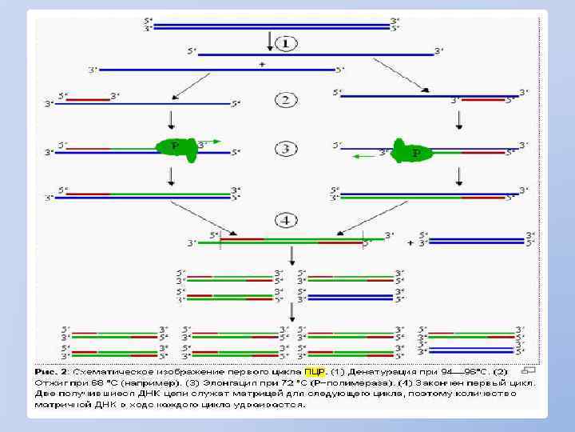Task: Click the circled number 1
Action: [287, 43]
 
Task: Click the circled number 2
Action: [287, 101]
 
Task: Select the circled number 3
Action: [287, 149]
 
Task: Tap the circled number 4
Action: [287, 219]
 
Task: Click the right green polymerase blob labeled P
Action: [414, 151]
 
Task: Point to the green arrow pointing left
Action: [364, 156]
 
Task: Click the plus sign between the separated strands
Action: [262, 64]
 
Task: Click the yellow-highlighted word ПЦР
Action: [315, 371]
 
